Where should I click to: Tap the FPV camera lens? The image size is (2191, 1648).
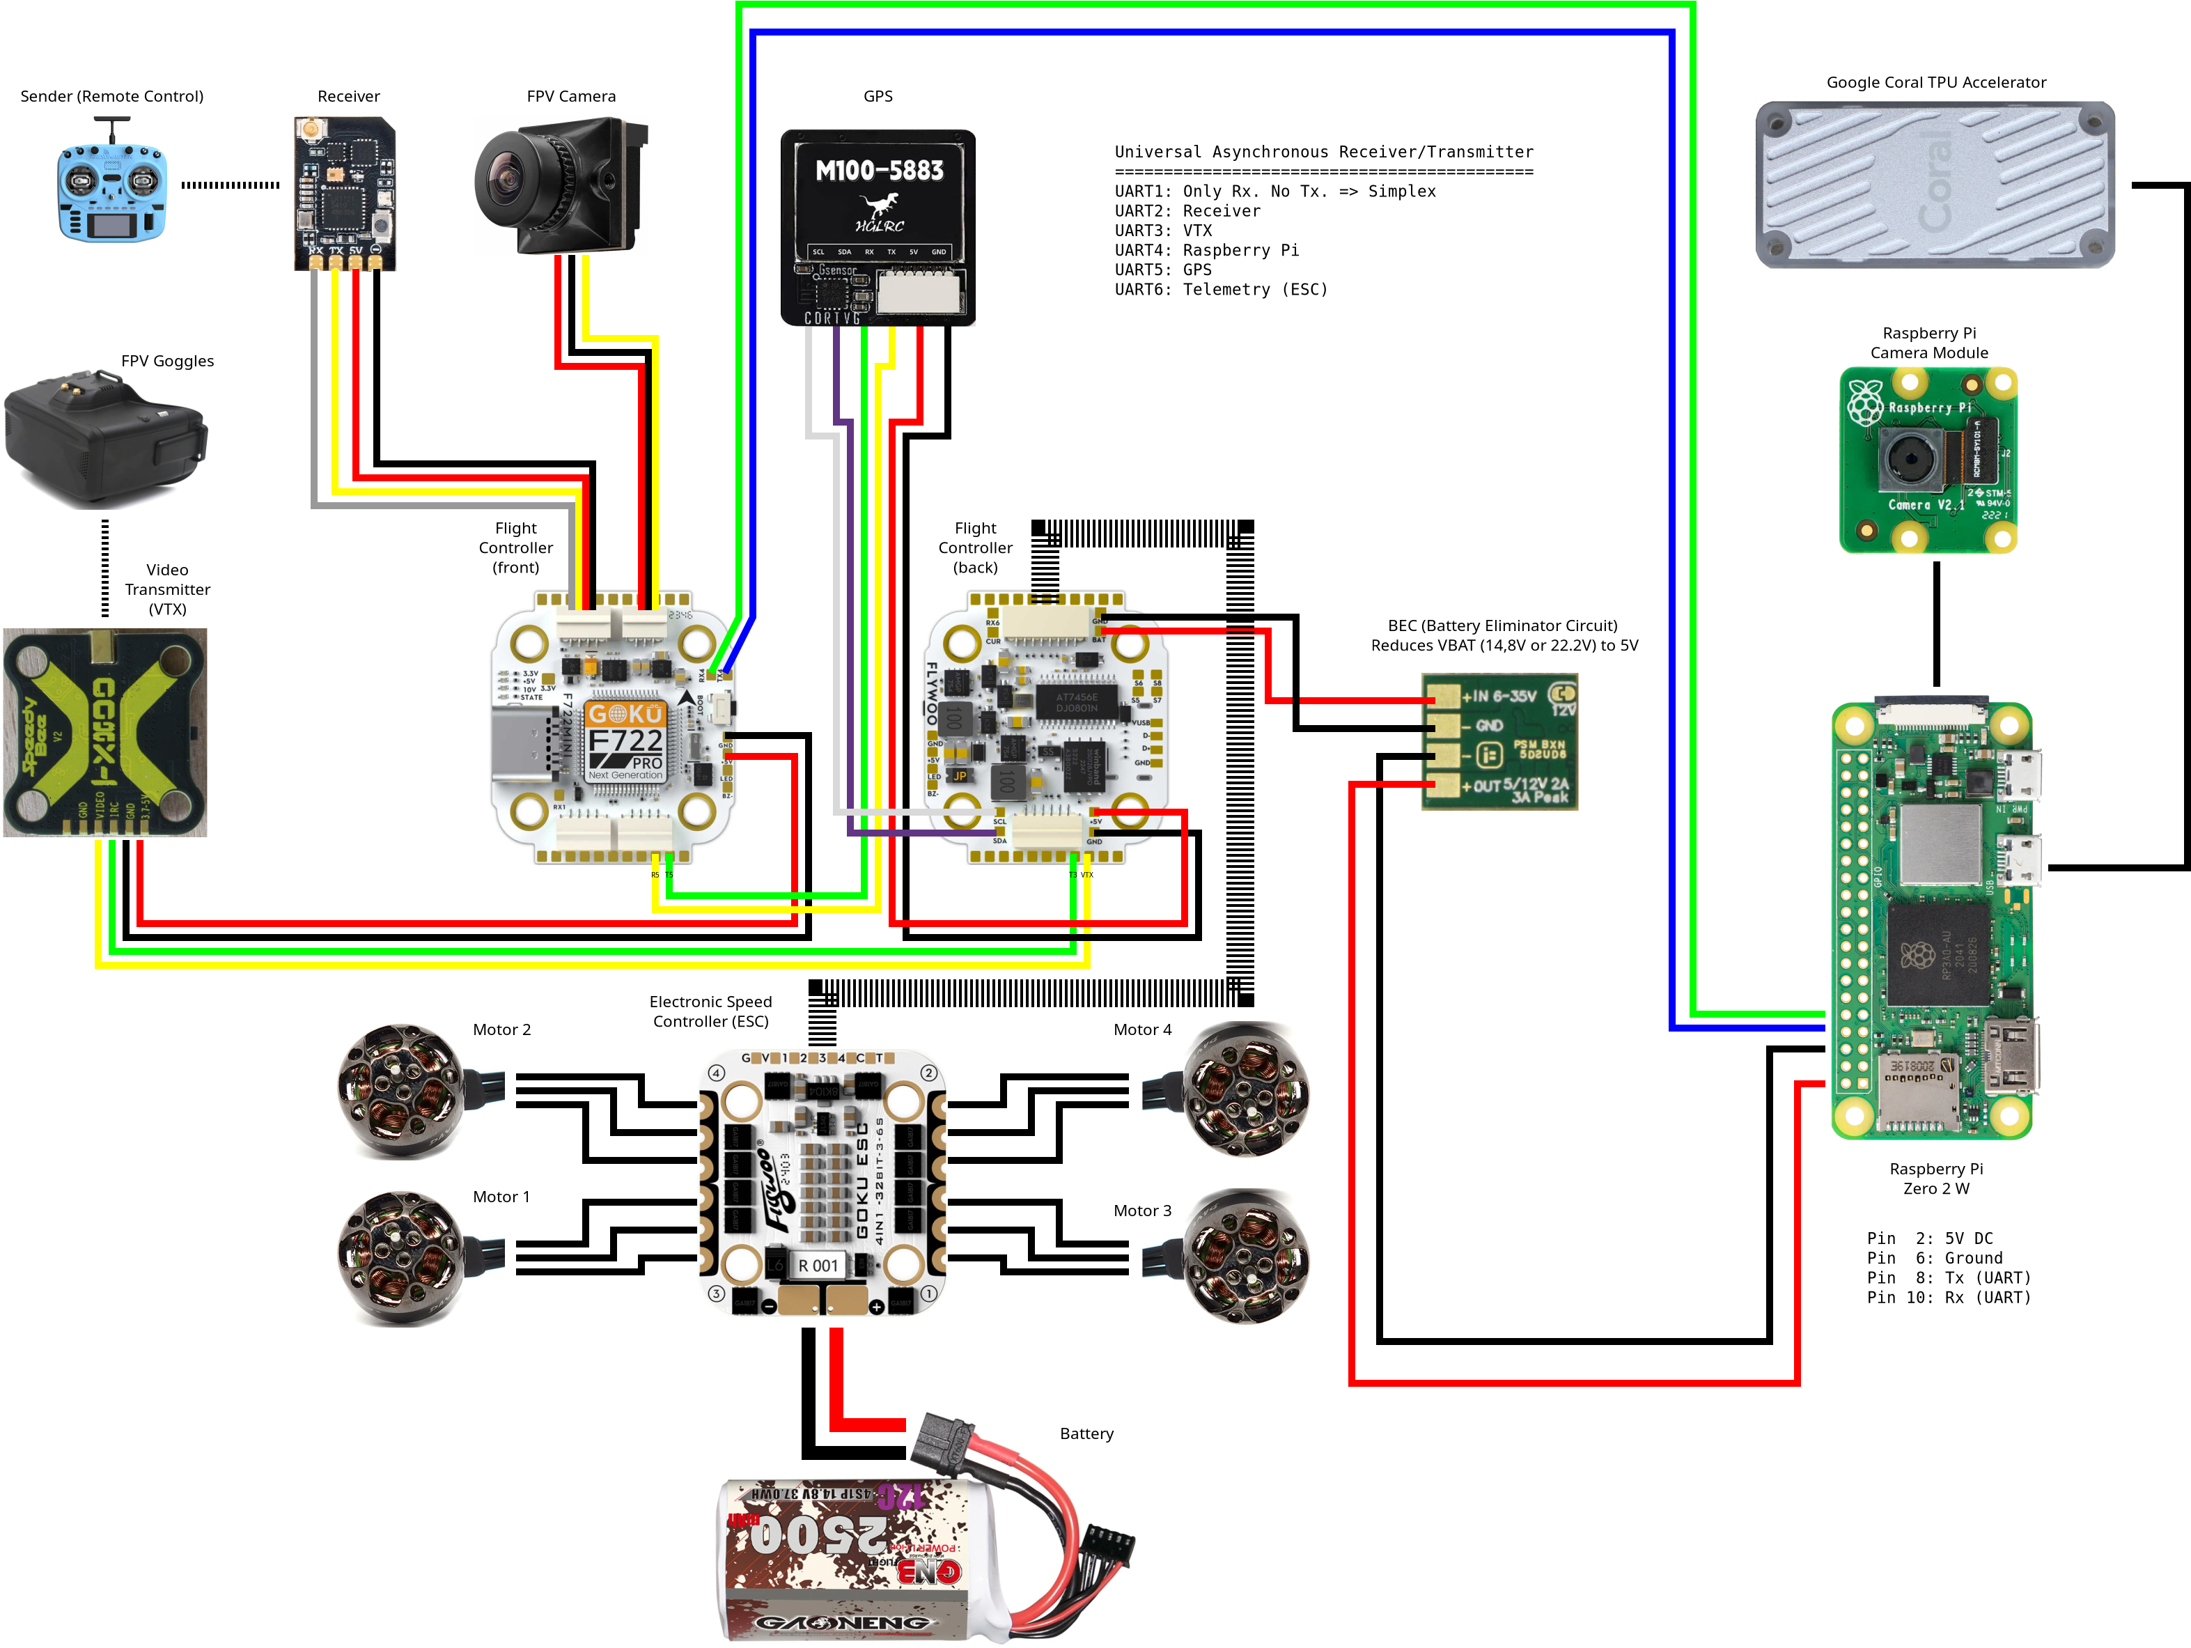[x=511, y=181]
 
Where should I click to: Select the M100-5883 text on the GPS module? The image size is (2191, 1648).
[x=879, y=171]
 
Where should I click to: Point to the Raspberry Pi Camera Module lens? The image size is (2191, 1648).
[x=1905, y=458]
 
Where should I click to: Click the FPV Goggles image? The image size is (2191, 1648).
[x=106, y=441]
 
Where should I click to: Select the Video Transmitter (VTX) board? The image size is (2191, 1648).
[x=105, y=733]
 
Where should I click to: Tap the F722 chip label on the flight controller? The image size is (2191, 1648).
[x=625, y=741]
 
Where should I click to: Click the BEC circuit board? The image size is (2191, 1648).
[x=1499, y=741]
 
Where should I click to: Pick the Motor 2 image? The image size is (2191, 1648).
[x=401, y=1090]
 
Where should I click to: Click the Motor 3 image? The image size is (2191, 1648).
[x=1247, y=1258]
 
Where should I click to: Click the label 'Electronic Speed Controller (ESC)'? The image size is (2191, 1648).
[x=710, y=1012]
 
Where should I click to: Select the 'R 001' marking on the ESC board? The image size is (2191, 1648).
[x=818, y=1266]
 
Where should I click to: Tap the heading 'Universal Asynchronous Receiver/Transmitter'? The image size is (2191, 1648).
[x=1323, y=153]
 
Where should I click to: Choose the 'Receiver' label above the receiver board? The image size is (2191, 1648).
[x=349, y=97]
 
